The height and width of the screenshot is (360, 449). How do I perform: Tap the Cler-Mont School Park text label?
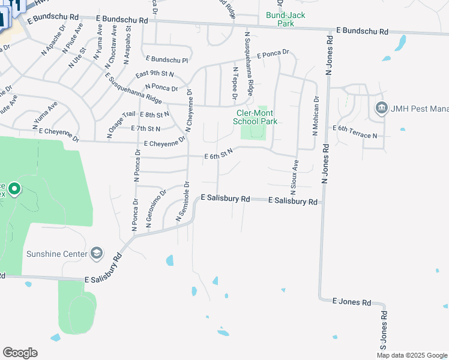[255, 117]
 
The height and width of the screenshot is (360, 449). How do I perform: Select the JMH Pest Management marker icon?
[381, 109]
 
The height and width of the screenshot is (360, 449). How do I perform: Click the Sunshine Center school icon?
[97, 254]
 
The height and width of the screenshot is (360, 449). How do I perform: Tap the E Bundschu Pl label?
[167, 60]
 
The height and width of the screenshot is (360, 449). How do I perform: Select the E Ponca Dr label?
[273, 55]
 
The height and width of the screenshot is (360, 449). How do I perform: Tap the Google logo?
[20, 353]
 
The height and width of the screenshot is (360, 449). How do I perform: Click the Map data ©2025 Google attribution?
[412, 355]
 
